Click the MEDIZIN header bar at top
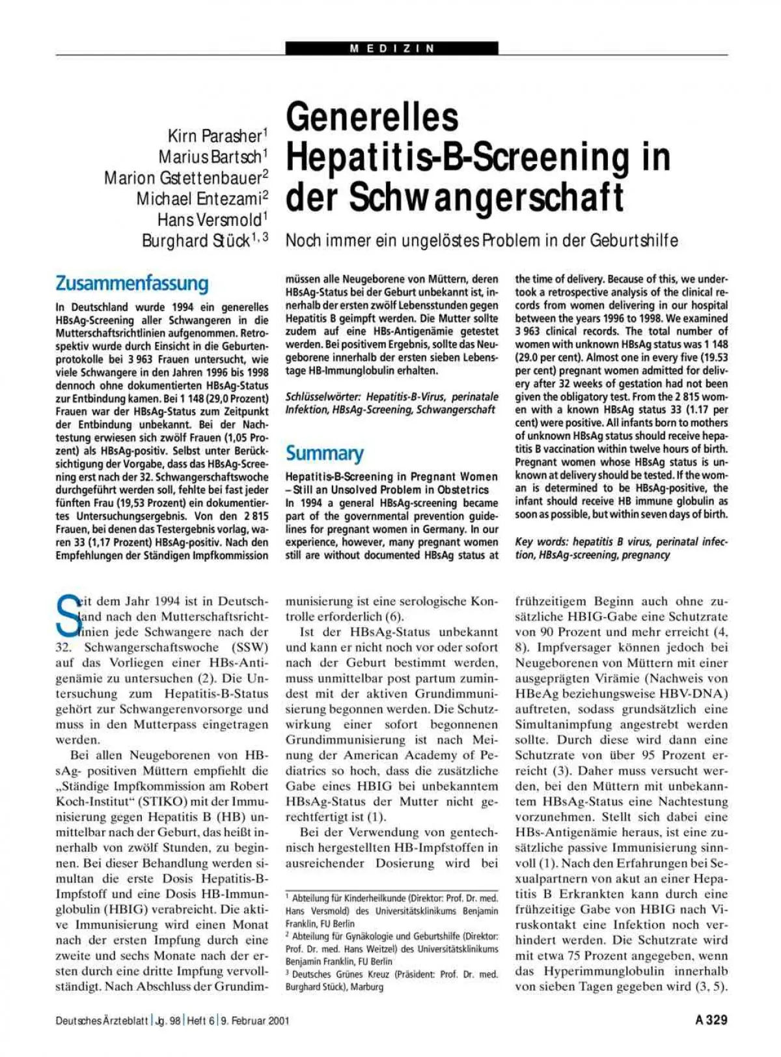(392, 48)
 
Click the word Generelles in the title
(372, 117)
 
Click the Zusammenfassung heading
(132, 283)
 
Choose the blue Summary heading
(324, 453)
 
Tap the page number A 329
(711, 1020)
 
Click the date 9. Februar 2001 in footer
(254, 1021)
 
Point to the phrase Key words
(538, 542)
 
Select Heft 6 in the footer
(200, 1021)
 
